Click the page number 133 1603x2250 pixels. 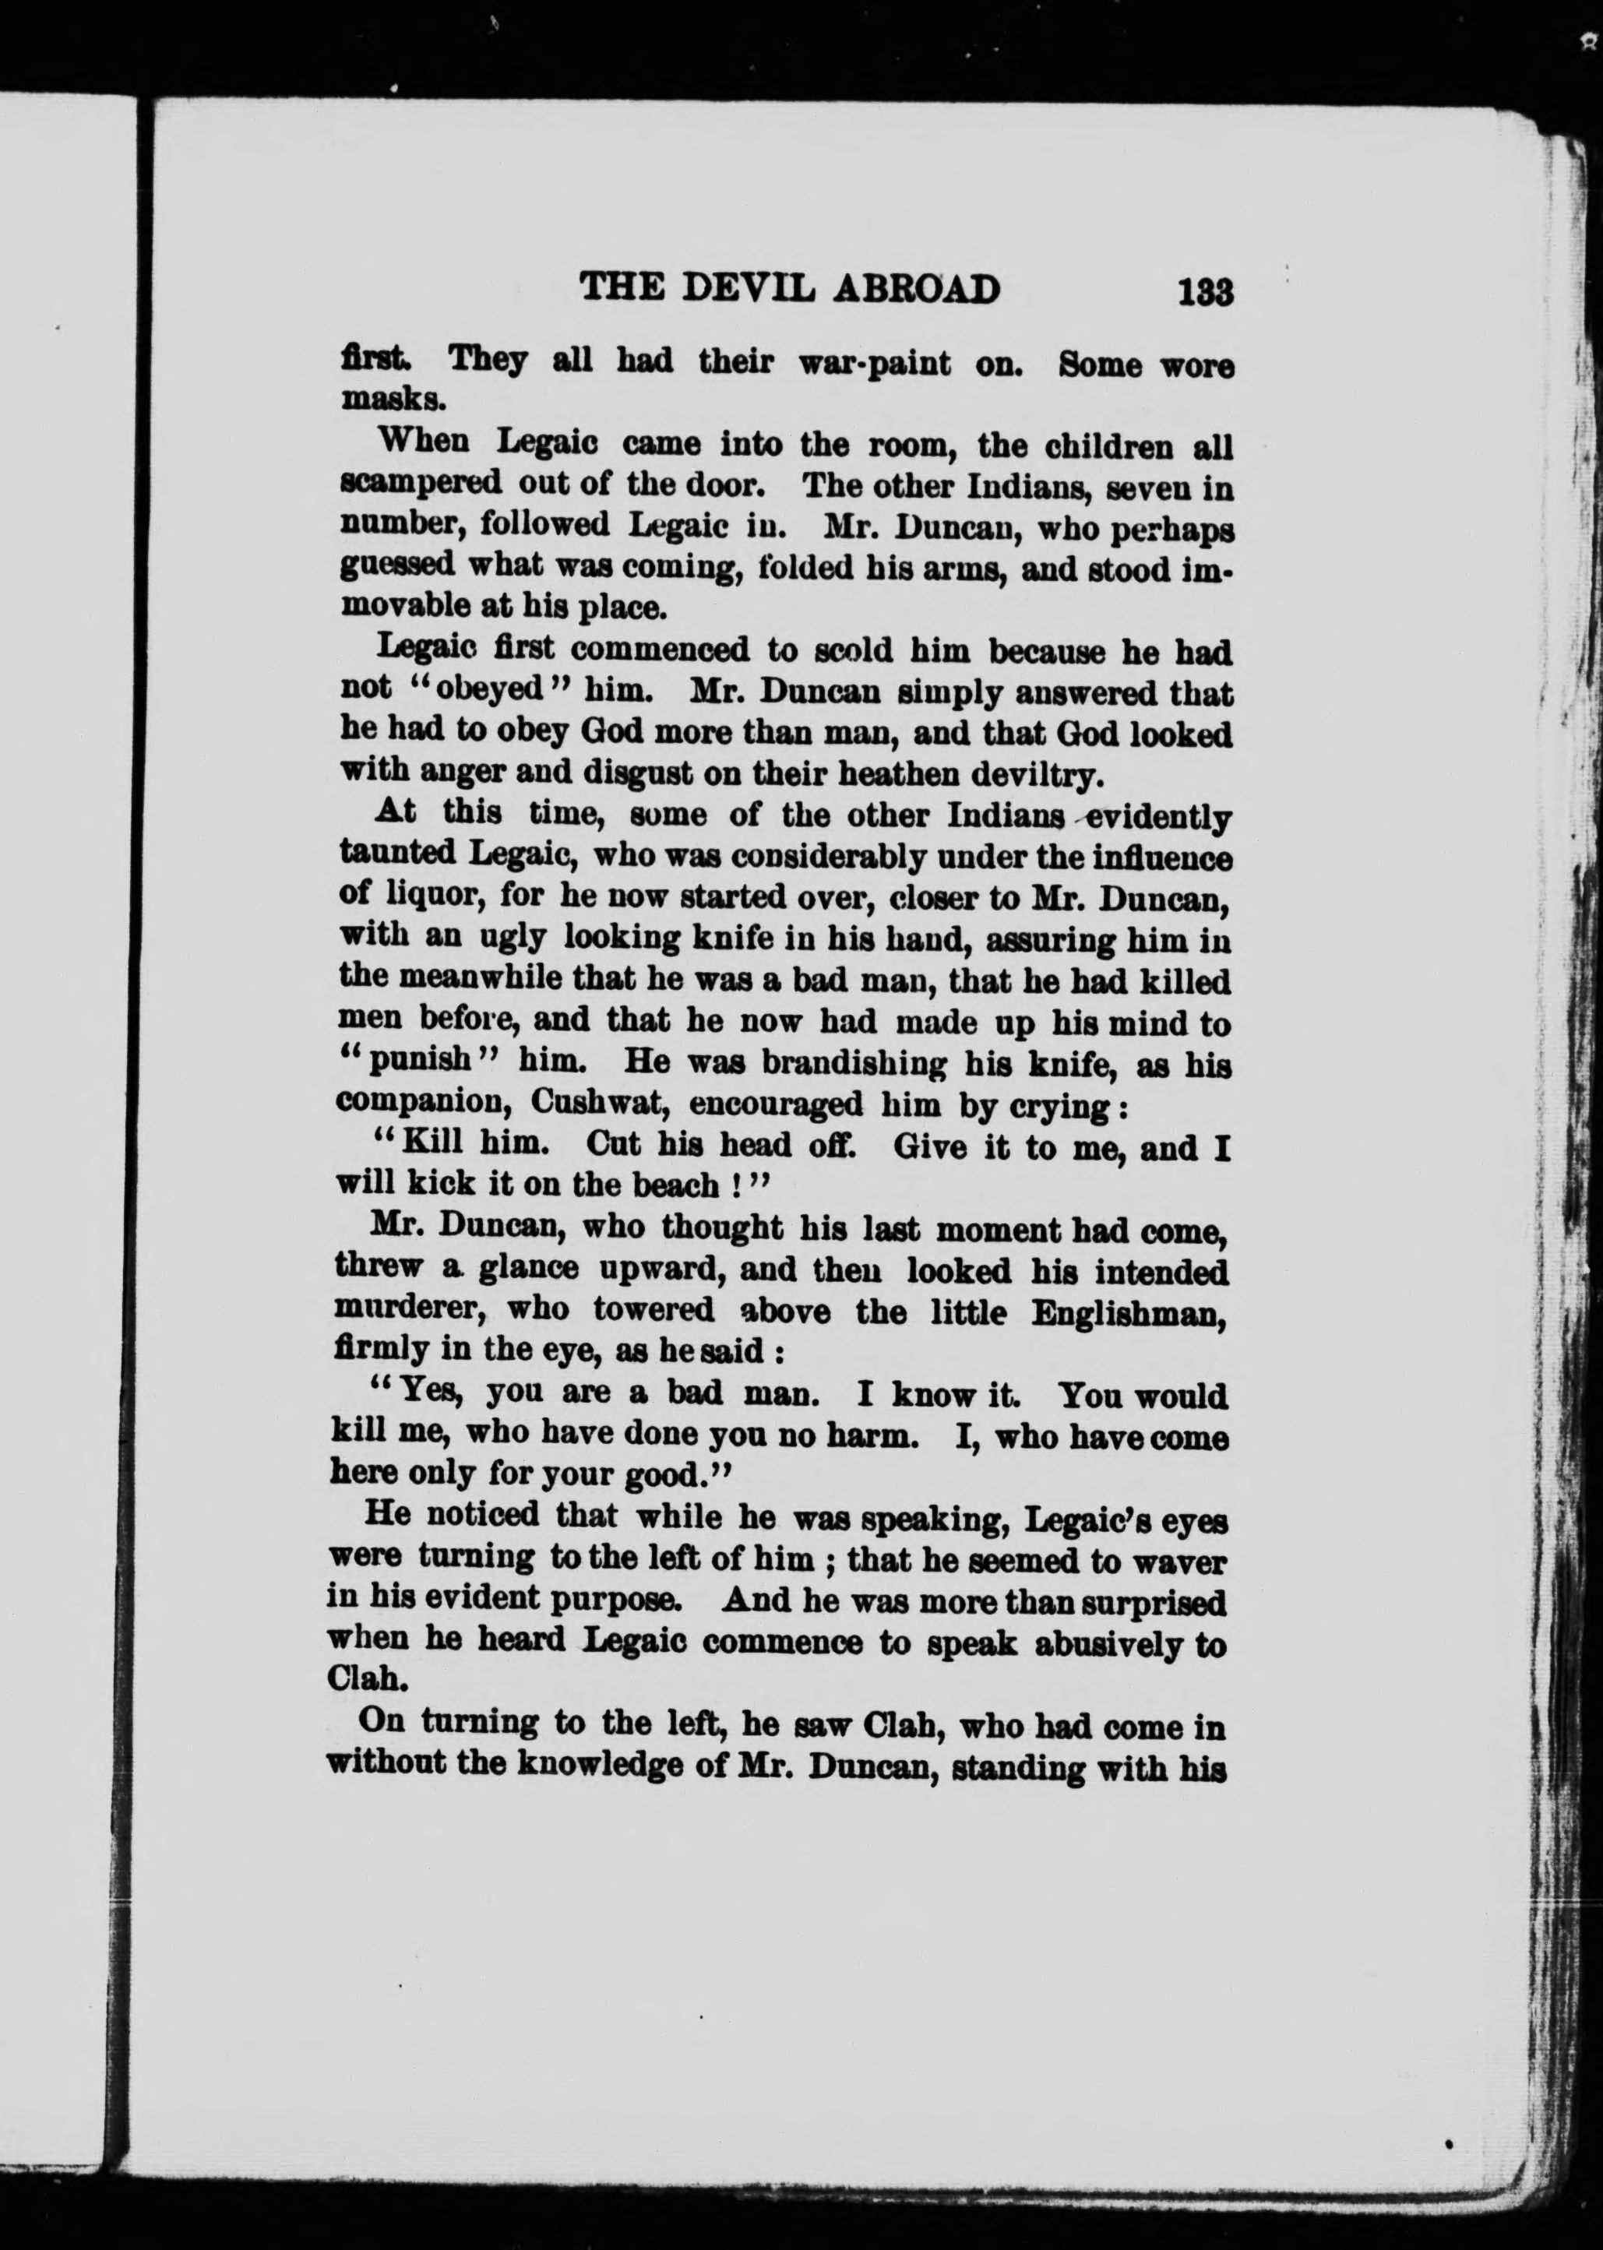coord(1205,293)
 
